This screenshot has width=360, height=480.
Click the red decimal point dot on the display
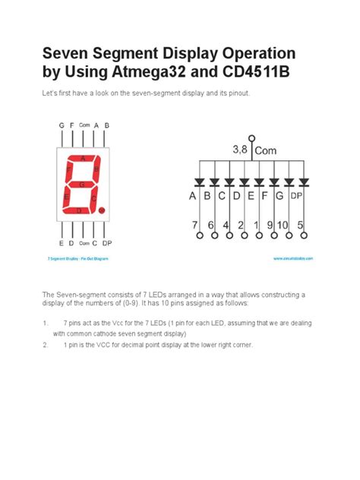102,210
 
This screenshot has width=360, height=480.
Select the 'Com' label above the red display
84,125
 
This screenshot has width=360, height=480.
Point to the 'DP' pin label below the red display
107,243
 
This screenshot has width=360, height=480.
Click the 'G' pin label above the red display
62,125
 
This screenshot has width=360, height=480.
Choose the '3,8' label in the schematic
240,150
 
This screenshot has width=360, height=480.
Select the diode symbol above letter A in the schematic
199,182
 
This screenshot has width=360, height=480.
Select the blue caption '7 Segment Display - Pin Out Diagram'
78,259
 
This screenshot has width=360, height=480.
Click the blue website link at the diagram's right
293,259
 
